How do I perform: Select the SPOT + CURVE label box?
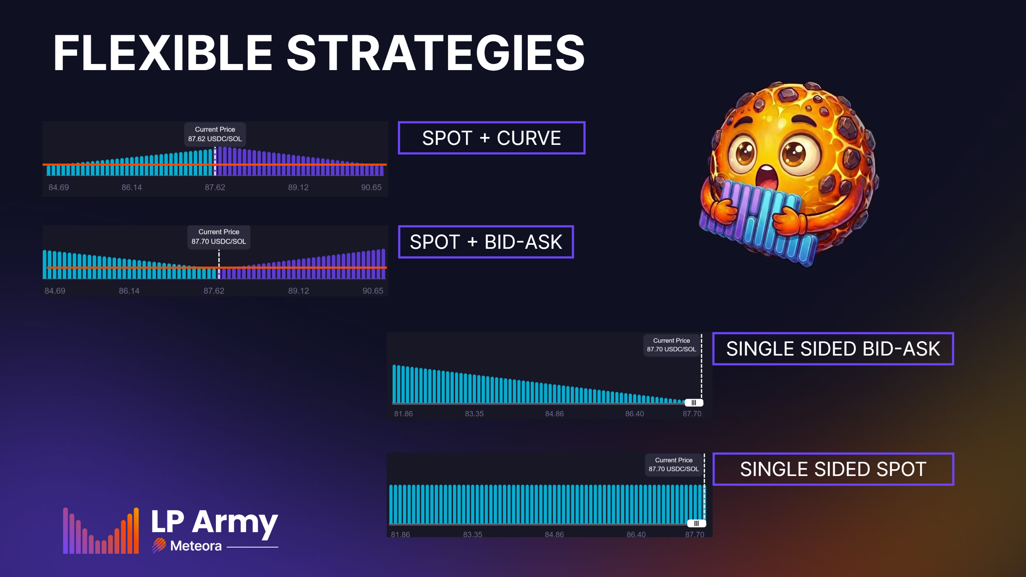point(491,138)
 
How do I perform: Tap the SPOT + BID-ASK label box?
point(486,242)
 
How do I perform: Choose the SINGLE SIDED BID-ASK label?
point(833,349)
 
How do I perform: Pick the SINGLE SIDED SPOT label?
point(833,469)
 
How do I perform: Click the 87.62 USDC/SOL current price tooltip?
point(215,134)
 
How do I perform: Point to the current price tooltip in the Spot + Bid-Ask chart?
point(219,237)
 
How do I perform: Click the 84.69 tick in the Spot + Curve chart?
point(59,187)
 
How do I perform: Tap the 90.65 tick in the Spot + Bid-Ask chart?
point(373,291)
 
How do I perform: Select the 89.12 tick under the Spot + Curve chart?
point(298,187)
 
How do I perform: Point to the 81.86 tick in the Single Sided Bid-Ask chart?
point(403,414)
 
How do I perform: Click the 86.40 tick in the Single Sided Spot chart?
point(636,534)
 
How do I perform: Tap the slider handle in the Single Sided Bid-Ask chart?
point(694,403)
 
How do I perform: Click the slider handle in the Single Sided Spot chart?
point(697,523)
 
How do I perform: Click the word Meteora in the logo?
point(195,545)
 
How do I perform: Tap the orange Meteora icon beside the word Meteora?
point(159,545)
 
